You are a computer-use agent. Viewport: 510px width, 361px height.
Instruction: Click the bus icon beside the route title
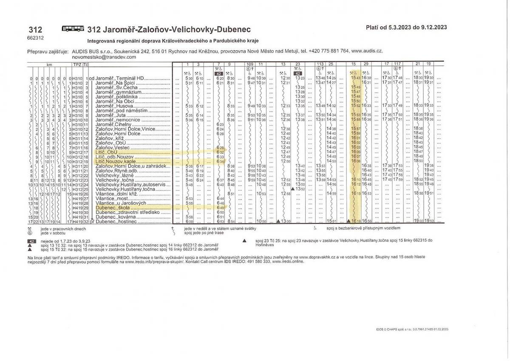coord(73,29)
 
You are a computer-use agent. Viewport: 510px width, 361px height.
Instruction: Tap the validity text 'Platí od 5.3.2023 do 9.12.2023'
coord(406,28)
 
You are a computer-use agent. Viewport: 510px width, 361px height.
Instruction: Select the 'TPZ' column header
coord(76,64)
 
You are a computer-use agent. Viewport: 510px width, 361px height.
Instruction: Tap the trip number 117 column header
coord(397,64)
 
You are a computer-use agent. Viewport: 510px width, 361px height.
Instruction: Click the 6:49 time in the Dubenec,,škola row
coord(220,208)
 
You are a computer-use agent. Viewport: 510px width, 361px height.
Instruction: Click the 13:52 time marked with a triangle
coord(300,189)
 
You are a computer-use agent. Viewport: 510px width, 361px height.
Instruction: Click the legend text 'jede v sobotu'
coord(50,233)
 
